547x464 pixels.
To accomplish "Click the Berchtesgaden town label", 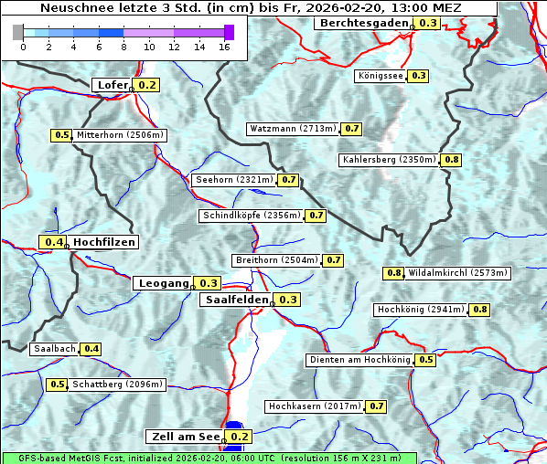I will tap(364, 23).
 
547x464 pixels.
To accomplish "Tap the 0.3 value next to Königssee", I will tap(418, 76).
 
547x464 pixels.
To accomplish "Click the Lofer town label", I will tap(112, 85).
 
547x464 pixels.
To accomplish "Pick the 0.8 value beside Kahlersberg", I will tap(452, 160).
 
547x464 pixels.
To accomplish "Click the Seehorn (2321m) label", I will tap(234, 180).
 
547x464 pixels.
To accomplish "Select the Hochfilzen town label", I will tap(104, 242).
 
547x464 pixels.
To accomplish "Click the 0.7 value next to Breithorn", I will tap(334, 260).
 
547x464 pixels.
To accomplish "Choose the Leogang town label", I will tap(163, 283).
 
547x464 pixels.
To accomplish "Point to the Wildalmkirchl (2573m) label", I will tap(457, 272).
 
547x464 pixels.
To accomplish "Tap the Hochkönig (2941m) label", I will tap(421, 310).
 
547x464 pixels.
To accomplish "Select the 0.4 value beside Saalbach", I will tap(91, 349).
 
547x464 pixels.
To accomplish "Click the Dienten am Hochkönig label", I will tap(359, 360).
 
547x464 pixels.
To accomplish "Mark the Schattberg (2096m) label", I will tap(117, 385).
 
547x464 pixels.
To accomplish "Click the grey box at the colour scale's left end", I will tap(18, 32).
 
